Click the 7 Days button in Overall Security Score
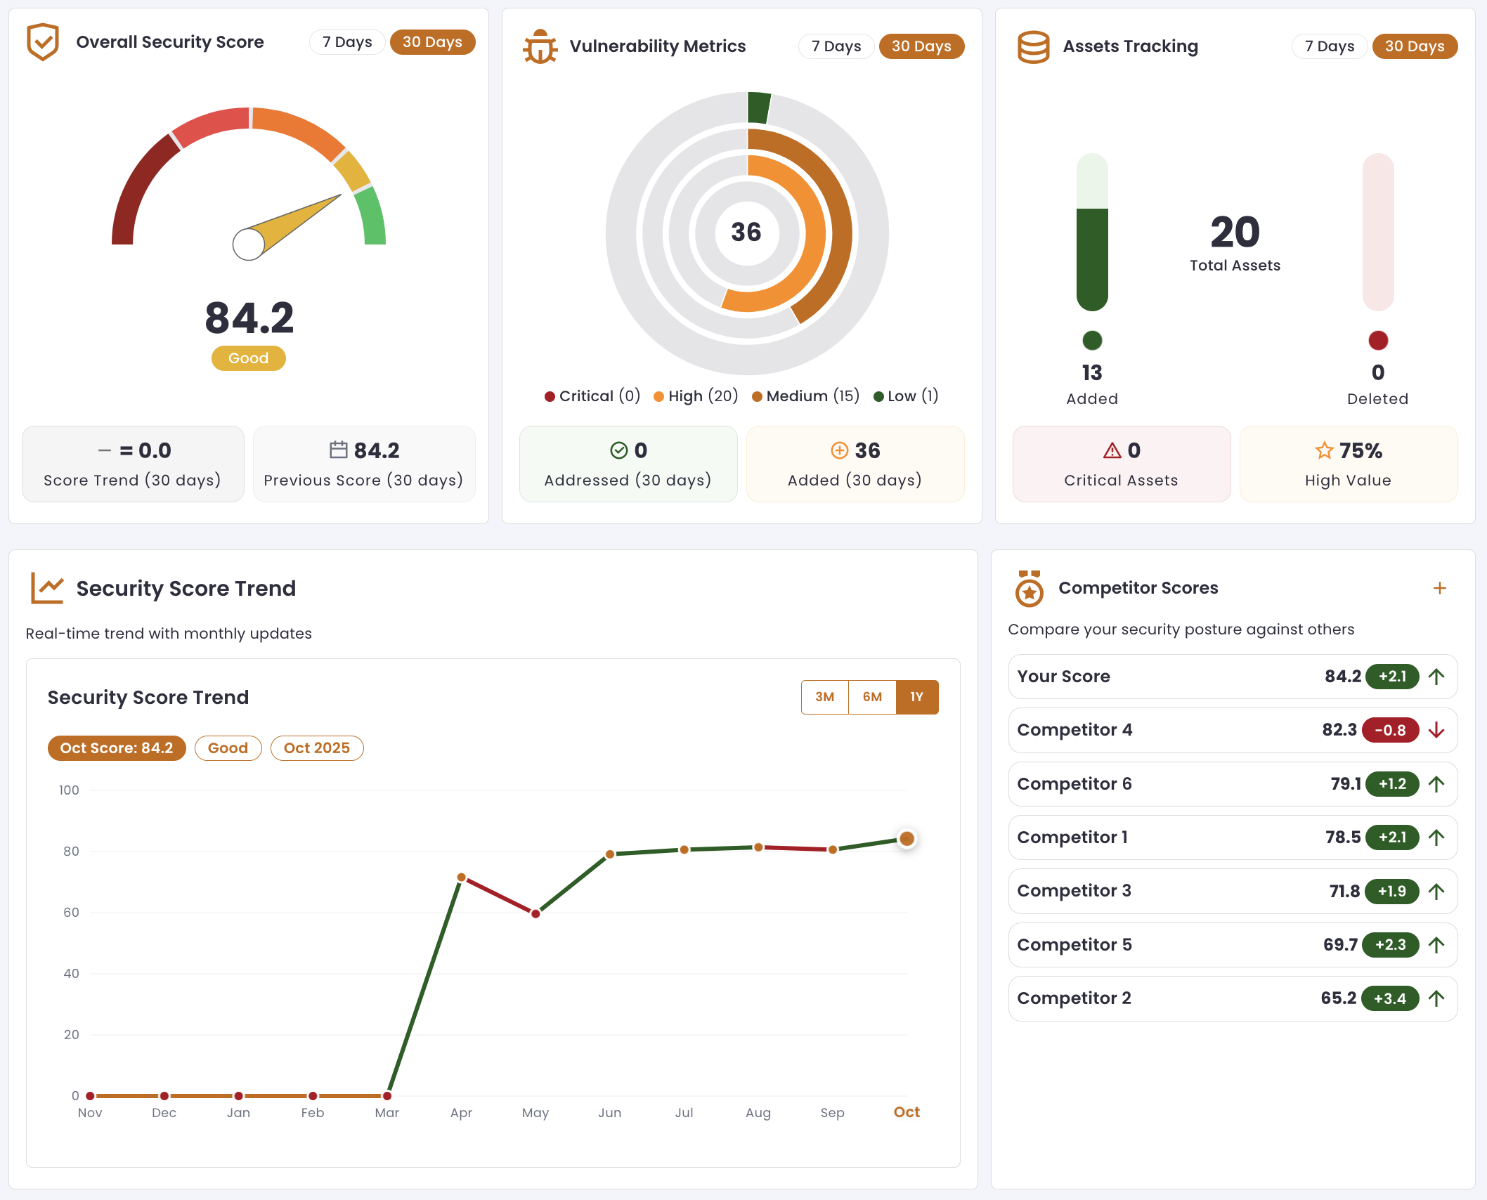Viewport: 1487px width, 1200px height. [346, 42]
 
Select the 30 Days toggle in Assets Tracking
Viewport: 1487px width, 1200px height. [1414, 46]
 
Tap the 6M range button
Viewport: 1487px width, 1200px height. [871, 697]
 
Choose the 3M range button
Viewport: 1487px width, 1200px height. [824, 697]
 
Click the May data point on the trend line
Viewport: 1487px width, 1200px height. [535, 913]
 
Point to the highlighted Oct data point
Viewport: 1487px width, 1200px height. [907, 838]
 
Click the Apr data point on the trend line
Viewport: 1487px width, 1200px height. [461, 877]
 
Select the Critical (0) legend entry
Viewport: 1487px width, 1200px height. [592, 396]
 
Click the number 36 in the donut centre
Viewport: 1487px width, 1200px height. [746, 233]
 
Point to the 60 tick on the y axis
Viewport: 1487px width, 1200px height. [71, 913]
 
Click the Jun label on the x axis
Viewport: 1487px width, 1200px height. [609, 1113]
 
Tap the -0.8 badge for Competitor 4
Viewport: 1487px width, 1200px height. [1389, 731]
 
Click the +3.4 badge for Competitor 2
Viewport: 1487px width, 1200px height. [1389, 999]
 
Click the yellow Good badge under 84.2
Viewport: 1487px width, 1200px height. [248, 358]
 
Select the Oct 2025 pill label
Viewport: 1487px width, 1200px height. [316, 748]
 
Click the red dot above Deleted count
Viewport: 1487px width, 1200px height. [1378, 341]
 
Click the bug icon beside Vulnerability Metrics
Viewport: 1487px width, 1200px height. [540, 47]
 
